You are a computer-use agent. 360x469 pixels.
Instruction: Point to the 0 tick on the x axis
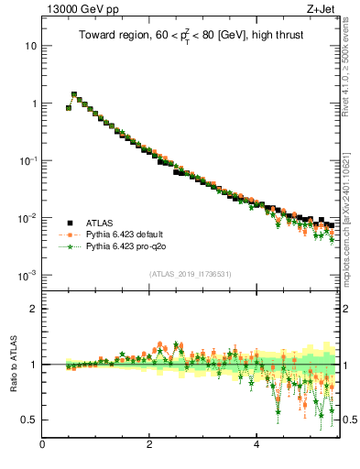point(42,445)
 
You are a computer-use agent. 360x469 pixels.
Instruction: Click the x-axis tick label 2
point(149,445)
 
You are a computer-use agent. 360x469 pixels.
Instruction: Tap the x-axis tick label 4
point(256,445)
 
